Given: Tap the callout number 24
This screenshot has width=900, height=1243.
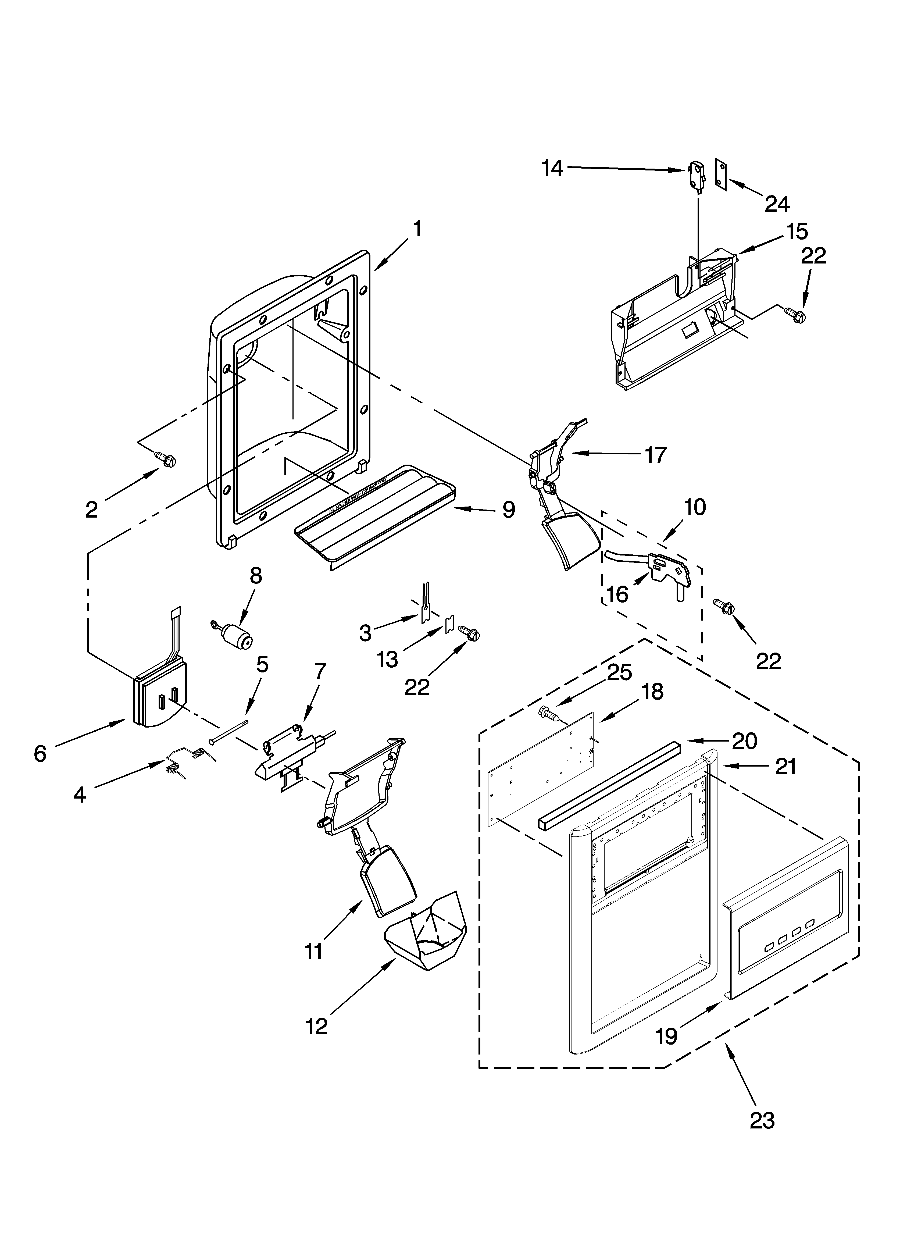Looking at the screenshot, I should tap(777, 204).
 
